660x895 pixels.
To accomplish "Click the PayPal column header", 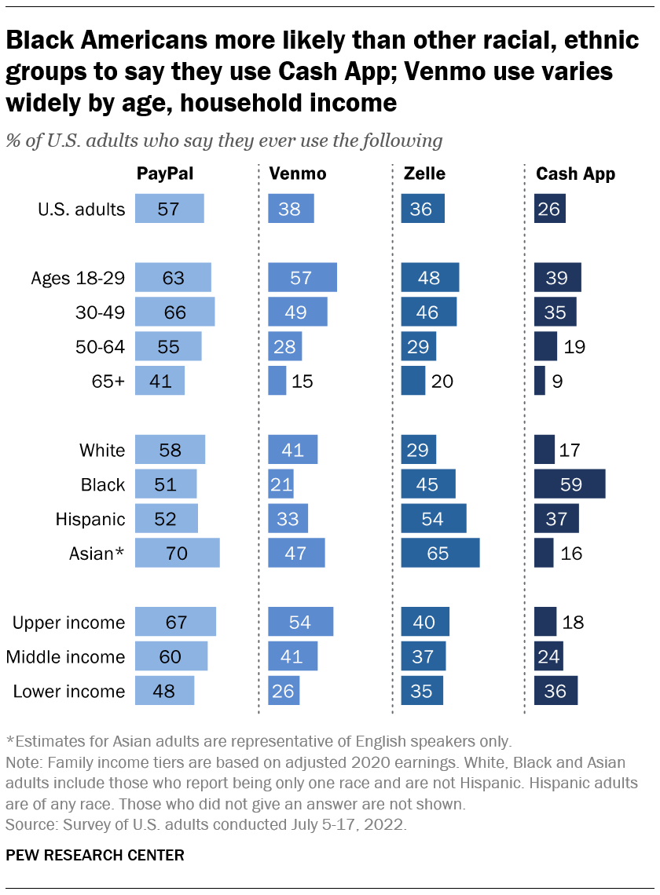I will point(164,174).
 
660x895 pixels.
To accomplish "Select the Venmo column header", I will point(297,174).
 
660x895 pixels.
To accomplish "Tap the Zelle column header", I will point(420,174).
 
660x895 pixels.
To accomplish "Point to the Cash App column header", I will point(575,174).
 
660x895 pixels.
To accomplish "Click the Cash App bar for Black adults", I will point(569,484).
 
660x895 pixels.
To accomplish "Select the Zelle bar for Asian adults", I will point(440,553).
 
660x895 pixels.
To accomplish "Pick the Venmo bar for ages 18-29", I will point(302,278).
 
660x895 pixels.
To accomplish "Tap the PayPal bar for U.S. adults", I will point(169,210).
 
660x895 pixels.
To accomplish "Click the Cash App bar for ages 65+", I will point(539,381).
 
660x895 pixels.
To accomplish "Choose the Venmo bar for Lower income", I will point(283,691).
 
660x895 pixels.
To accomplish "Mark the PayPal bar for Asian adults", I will point(177,553).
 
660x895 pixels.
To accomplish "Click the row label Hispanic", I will point(90,519).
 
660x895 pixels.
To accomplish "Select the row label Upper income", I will point(69,623).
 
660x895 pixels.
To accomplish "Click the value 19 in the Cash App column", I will point(574,346).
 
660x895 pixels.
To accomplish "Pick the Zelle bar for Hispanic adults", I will point(433,519).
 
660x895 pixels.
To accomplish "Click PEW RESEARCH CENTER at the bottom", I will point(95,855).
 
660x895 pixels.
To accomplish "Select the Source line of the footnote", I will point(207,824).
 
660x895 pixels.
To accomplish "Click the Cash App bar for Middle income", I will point(548,656).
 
